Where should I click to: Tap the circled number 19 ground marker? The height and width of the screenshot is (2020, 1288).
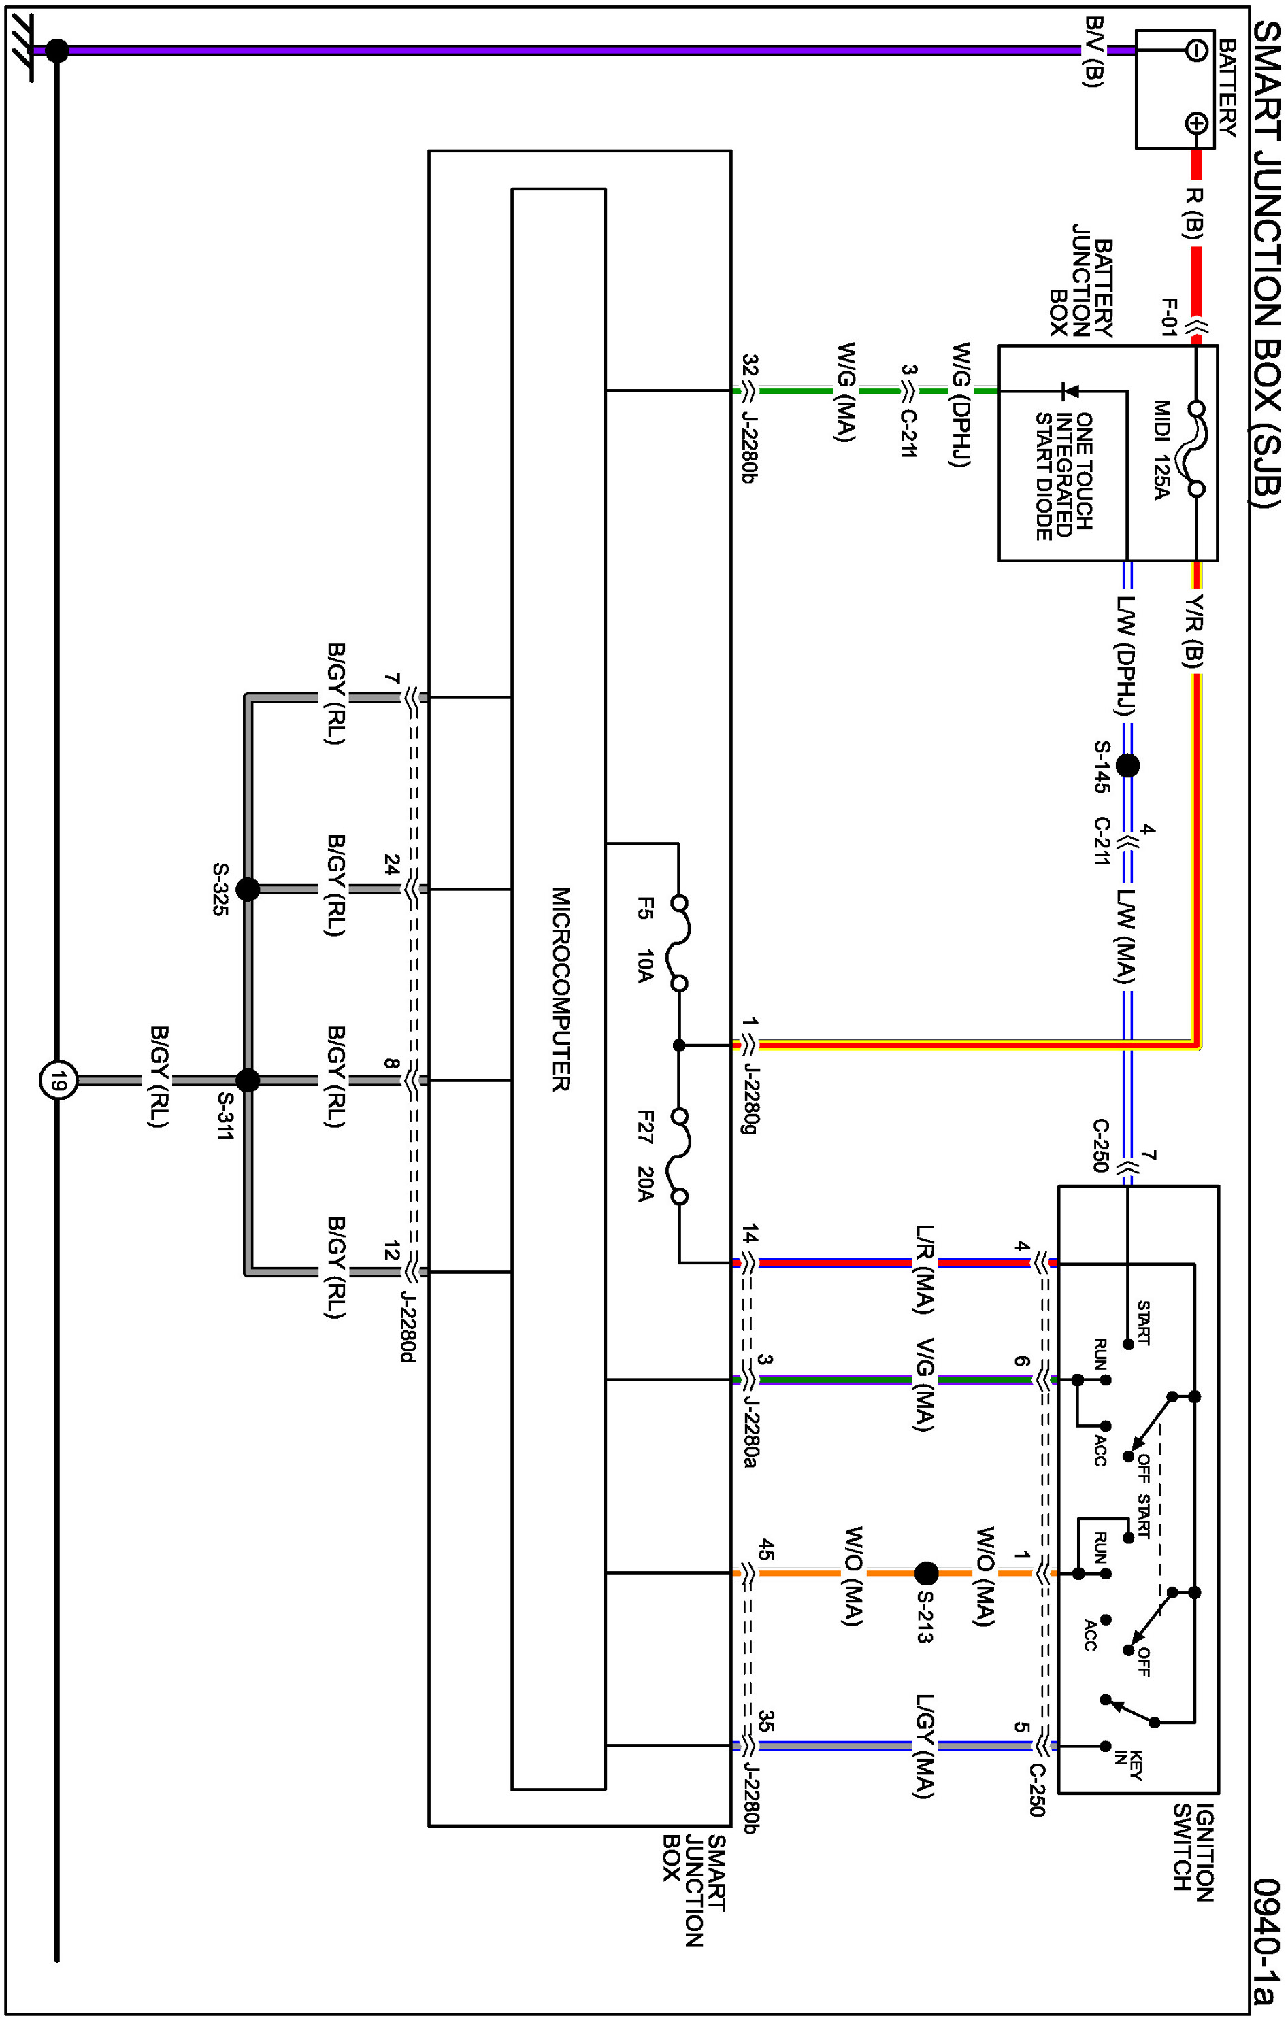(x=57, y=1081)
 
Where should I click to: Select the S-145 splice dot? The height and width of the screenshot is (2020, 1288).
(x=1127, y=765)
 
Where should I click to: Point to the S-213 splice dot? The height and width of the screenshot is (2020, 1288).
(x=925, y=1573)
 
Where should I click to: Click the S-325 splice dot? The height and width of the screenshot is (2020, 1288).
(x=248, y=888)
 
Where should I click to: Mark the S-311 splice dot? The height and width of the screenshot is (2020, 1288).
(x=248, y=1081)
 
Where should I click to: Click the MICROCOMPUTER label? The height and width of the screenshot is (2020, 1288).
(x=561, y=989)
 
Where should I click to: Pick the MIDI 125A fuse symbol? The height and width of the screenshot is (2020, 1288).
(x=1195, y=449)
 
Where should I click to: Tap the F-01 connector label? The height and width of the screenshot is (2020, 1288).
(x=1168, y=317)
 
